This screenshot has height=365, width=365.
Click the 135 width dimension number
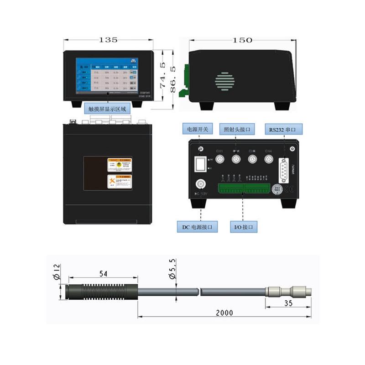(108, 40)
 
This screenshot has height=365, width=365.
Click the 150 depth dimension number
(242, 40)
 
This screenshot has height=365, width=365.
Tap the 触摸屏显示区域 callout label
(108, 109)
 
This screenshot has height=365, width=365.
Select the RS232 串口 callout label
(282, 130)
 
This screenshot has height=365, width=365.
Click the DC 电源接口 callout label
(197, 226)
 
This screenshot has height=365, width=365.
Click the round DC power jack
(200, 184)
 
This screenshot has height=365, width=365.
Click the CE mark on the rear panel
(289, 188)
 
